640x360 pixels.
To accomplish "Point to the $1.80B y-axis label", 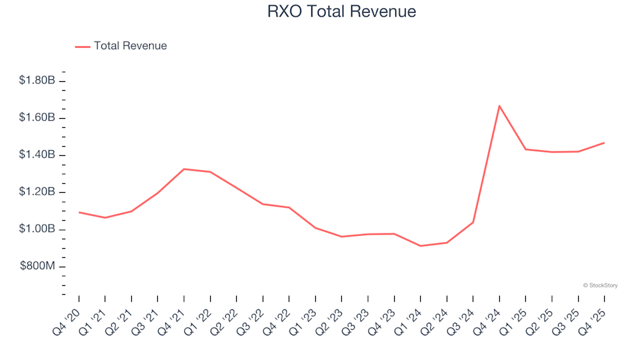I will click(x=38, y=81).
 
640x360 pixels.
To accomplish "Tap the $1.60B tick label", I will click(x=38, y=118).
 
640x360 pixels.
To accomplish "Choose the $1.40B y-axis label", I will click(x=38, y=155).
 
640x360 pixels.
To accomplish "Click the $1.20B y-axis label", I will click(x=38, y=193).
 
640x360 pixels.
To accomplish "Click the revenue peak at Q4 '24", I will click(x=499, y=105).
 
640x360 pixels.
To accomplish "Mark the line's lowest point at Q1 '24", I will click(x=421, y=246).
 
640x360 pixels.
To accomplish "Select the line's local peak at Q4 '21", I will click(x=184, y=169).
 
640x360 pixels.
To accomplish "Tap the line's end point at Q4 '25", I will click(x=605, y=143).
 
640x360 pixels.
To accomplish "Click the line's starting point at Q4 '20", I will click(x=79, y=212).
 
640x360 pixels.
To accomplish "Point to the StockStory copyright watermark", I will click(x=600, y=285).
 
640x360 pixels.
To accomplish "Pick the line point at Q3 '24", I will click(x=473, y=222).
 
